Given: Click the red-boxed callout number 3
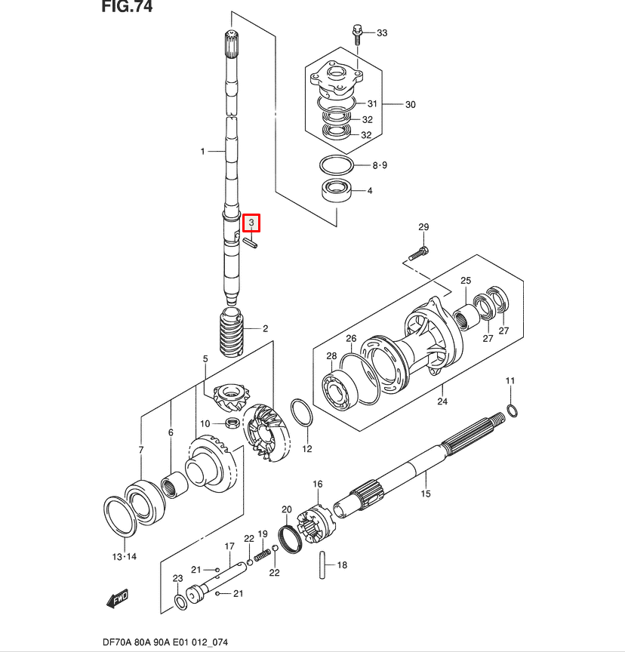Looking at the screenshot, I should (x=251, y=223).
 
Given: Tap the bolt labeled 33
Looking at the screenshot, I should (x=357, y=32).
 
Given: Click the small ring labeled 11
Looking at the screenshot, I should (x=512, y=410).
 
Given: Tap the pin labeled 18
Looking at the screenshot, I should (x=323, y=564).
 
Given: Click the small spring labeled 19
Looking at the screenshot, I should (x=261, y=555).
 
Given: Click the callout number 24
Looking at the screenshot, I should (x=442, y=401).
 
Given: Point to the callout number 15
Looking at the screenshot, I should (x=425, y=494).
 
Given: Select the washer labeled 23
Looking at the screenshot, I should (x=181, y=601).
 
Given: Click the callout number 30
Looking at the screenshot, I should (x=410, y=104).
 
